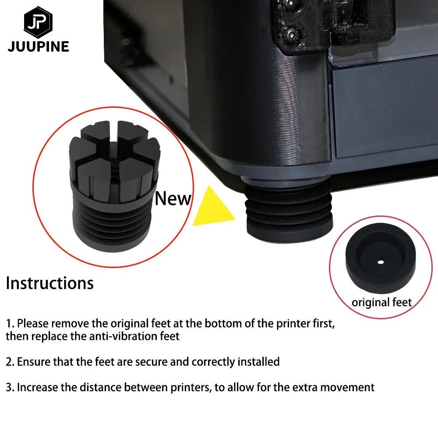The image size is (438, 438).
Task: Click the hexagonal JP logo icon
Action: [38, 22]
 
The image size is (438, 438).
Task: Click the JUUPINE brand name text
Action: [39, 47]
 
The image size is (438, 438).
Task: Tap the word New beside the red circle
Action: [173, 198]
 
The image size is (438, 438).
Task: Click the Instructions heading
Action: [50, 283]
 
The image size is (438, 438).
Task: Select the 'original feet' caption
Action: [381, 302]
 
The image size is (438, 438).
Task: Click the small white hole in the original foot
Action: [381, 262]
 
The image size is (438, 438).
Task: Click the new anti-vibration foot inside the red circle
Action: [114, 186]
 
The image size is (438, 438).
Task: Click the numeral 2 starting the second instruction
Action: [9, 362]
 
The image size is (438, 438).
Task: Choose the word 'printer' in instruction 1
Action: [293, 324]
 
